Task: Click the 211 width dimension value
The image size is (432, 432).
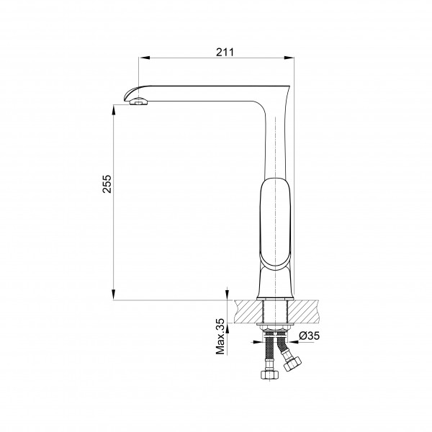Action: (x=225, y=52)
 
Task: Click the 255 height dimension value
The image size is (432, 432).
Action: (x=107, y=184)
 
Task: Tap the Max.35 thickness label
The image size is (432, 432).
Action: (x=220, y=337)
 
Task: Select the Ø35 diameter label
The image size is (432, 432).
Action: (x=310, y=336)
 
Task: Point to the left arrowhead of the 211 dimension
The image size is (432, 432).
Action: (x=144, y=58)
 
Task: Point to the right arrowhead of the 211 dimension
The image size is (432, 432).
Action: (x=289, y=58)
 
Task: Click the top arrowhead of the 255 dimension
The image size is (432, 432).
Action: (x=114, y=110)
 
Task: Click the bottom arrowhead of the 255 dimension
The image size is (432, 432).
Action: (x=114, y=294)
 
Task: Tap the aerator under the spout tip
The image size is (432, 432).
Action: (x=138, y=102)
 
